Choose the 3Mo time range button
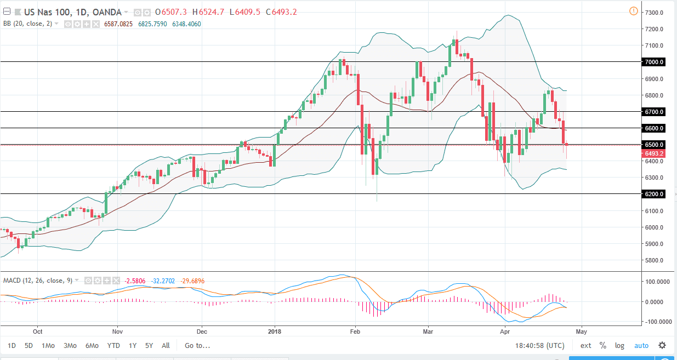coord(70,346)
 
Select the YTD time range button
coord(113,346)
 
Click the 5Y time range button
coord(149,346)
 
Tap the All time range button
coord(166,346)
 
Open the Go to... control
coord(197,346)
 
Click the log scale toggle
coord(619,346)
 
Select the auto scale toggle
coord(641,346)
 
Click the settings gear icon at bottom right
coord(662,346)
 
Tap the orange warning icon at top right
coord(634,11)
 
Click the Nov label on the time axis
coord(117,332)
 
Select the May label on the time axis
coord(582,332)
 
